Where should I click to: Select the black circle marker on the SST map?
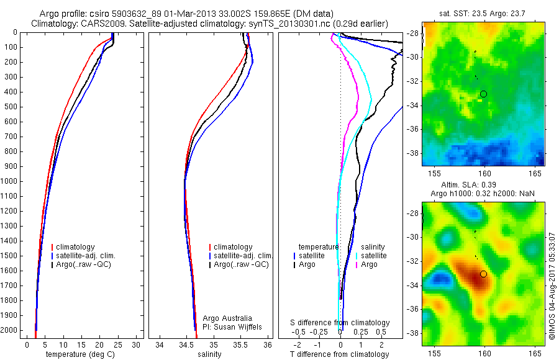(483, 94)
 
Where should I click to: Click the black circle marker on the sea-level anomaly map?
(483, 274)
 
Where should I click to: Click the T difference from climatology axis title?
(340, 354)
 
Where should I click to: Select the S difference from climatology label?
(340, 323)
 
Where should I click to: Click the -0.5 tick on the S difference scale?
(302, 332)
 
